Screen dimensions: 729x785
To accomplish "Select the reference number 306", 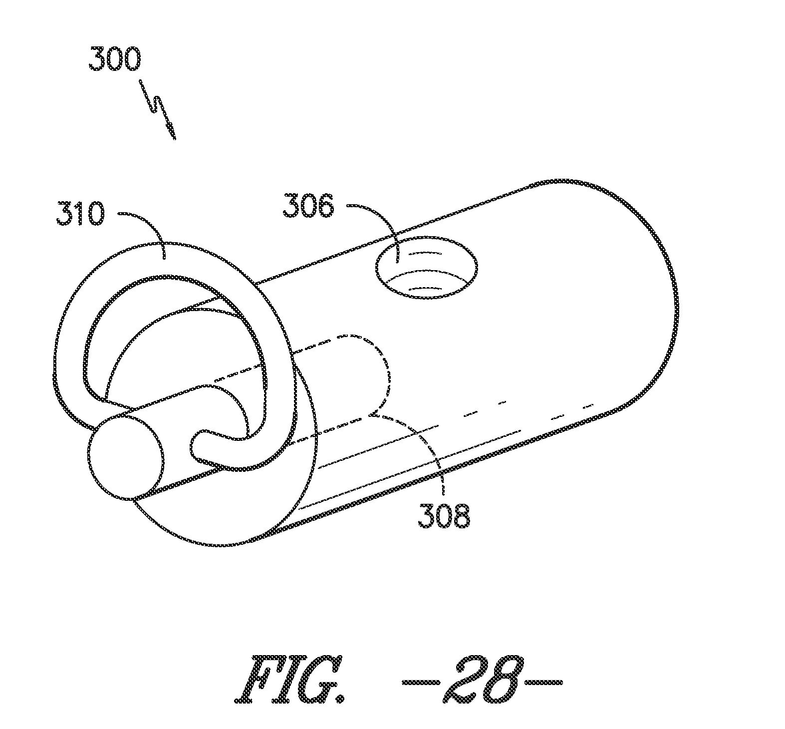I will click(307, 207).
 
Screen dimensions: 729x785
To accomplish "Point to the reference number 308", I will click(444, 517).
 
